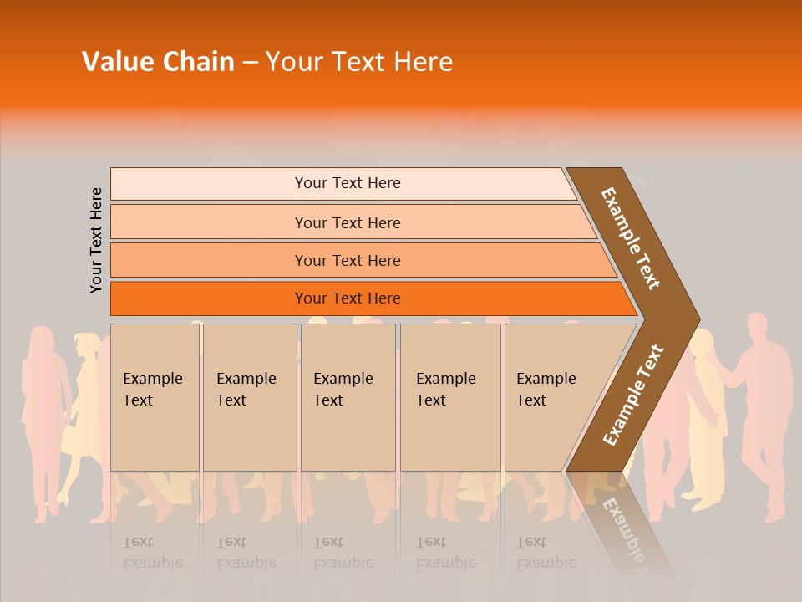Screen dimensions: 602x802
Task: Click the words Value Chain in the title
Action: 158,62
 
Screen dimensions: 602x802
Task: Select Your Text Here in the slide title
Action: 359,62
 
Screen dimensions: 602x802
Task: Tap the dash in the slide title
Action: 250,63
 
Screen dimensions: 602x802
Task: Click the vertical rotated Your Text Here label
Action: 96,240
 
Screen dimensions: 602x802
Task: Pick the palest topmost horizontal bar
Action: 347,183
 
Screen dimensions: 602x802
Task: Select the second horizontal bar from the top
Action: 347,222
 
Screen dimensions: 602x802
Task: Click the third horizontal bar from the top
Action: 347,260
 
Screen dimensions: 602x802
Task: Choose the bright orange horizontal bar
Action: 347,298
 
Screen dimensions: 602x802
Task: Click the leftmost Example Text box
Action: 155,396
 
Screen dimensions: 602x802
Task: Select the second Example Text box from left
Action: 249,396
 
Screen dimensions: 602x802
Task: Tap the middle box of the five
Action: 348,396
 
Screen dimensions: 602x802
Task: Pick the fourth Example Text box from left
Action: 449,396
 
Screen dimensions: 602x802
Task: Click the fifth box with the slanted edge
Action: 551,396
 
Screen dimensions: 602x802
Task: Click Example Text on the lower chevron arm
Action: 633,395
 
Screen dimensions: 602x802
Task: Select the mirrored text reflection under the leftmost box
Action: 153,553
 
